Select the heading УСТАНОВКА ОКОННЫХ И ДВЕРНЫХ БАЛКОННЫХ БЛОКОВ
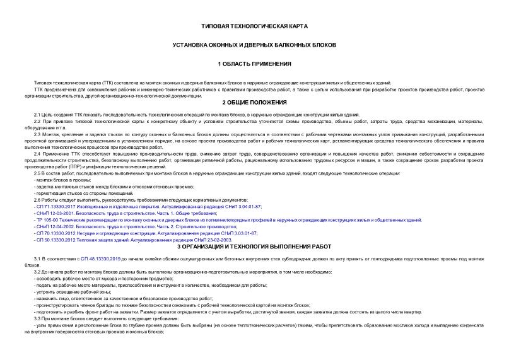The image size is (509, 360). coord(254,45)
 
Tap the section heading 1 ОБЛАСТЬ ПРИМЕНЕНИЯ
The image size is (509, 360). coord(254,64)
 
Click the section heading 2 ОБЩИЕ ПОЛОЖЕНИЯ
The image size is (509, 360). coord(254,102)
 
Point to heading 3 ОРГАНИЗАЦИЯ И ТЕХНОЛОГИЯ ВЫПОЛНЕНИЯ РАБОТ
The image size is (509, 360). coord(254,247)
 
